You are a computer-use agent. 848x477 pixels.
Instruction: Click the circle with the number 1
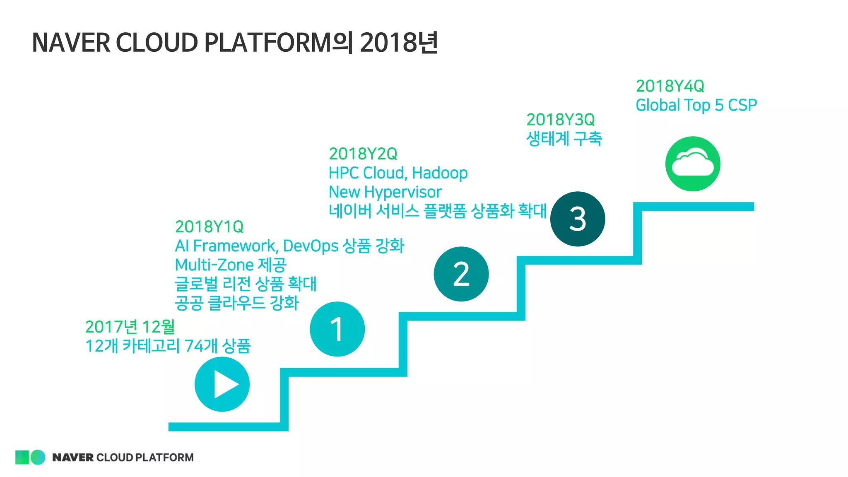337,329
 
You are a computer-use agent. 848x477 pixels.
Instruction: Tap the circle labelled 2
461,274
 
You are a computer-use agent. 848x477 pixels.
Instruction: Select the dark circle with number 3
578,219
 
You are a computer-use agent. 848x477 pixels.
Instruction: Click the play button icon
222,384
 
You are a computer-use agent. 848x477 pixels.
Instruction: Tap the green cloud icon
693,164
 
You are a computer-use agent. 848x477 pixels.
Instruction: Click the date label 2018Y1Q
209,227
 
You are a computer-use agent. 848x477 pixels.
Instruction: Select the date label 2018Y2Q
363,154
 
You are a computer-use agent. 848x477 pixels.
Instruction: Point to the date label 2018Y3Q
560,120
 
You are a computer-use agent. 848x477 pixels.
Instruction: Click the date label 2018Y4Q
670,86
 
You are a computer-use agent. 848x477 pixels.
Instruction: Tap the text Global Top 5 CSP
696,105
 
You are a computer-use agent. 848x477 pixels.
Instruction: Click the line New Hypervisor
385,192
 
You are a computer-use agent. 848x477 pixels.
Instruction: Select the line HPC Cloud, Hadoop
398,173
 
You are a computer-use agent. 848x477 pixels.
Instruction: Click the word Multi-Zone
214,265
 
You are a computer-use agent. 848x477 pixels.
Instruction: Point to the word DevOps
311,246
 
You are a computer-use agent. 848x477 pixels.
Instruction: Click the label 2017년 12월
130,327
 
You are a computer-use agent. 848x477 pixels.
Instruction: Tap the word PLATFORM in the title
267,43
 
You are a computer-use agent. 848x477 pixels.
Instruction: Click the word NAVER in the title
71,43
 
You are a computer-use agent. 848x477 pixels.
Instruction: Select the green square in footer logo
22,457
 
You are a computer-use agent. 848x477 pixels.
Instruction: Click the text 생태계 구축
564,139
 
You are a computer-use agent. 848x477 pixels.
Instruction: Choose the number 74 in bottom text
193,346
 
